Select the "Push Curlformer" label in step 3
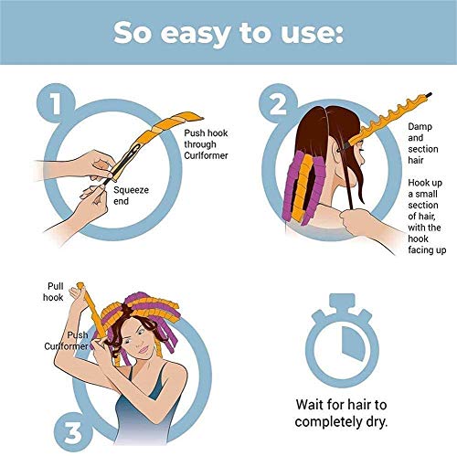click(x=68, y=341)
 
